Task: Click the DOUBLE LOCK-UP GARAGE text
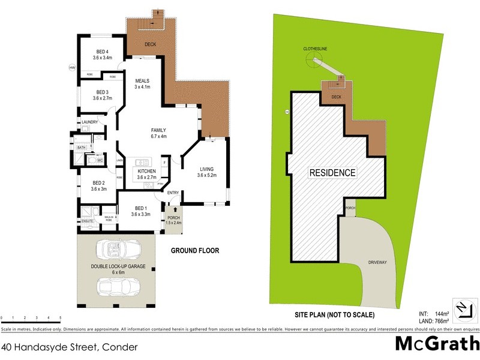pyautogui.click(x=116, y=268)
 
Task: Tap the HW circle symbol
pyautogui.click(x=72, y=67)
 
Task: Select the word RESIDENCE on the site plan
pyautogui.click(x=332, y=173)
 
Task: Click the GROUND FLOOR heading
pyautogui.click(x=195, y=250)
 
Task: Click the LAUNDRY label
pyautogui.click(x=89, y=122)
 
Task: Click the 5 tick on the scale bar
pyautogui.click(x=60, y=317)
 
